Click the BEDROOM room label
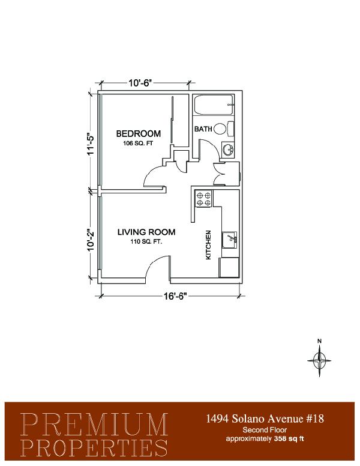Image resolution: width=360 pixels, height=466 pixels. click(x=138, y=134)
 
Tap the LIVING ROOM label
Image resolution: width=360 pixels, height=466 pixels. click(x=146, y=232)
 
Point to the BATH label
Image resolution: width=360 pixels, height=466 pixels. click(x=203, y=129)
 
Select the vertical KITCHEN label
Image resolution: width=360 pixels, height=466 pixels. click(x=208, y=245)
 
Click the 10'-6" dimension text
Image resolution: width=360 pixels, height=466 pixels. click(x=140, y=83)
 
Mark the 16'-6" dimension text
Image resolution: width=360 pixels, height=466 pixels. click(x=175, y=296)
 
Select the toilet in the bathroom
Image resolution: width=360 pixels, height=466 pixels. click(x=224, y=129)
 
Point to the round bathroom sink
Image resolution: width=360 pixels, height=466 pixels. click(x=228, y=149)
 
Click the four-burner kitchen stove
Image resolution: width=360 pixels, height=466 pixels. click(x=203, y=199)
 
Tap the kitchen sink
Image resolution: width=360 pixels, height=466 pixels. click(x=230, y=240)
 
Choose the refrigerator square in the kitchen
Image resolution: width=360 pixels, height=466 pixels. click(x=229, y=267)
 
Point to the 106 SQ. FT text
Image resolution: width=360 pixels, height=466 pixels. click(x=138, y=144)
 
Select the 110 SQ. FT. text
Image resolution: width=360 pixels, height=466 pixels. click(x=146, y=242)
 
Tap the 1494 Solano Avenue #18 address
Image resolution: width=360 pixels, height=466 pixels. click(x=265, y=419)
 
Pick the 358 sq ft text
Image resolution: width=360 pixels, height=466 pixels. click(x=289, y=438)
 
